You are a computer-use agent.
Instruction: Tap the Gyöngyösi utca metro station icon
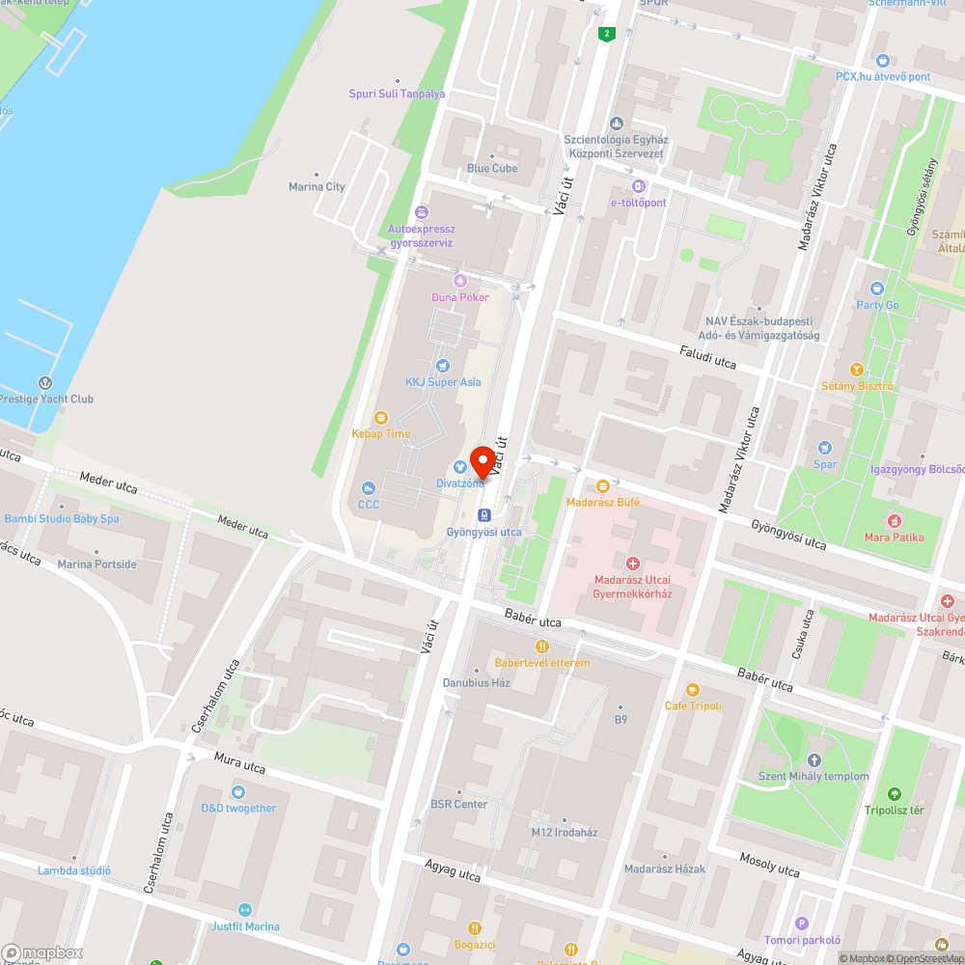[484, 514]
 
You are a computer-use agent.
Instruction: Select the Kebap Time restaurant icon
[381, 417]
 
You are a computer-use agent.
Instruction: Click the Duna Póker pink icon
[459, 280]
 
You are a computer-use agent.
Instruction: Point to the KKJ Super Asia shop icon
[442, 365]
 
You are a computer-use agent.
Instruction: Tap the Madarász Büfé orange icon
[603, 485]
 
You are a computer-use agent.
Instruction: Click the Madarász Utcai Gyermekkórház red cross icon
[633, 563]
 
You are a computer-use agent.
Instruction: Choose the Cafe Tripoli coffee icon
[692, 689]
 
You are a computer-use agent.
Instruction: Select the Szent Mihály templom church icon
[813, 759]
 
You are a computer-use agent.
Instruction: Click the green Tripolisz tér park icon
[894, 793]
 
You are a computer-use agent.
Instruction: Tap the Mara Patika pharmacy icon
[894, 520]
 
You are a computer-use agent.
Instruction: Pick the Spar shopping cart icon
[824, 447]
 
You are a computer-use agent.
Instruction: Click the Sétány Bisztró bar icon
[856, 369]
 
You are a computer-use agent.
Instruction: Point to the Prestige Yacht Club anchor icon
[44, 382]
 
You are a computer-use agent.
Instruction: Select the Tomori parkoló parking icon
[802, 924]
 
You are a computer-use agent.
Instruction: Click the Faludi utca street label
[707, 358]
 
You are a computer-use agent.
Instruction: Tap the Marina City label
[317, 187]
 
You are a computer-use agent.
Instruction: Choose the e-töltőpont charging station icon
[637, 185]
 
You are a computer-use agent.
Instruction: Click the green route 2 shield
[606, 35]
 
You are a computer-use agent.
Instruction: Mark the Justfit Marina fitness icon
[244, 909]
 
